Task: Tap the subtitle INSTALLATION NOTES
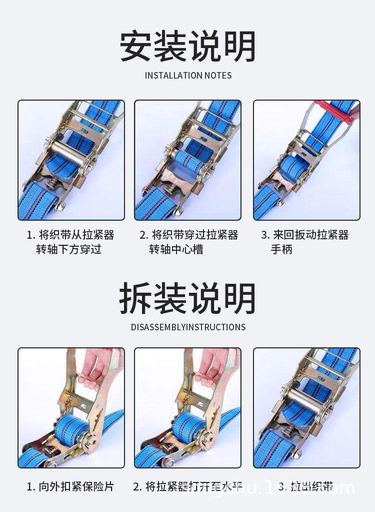coord(188,76)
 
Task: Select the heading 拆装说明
coord(187,299)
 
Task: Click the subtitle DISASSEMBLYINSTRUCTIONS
coord(188,327)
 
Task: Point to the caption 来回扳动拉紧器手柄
coord(304,242)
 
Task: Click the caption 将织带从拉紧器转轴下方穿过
coord(70,242)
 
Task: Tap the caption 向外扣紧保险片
coord(70,486)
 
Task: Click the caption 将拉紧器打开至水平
coord(187,486)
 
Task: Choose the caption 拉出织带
coord(305,486)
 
